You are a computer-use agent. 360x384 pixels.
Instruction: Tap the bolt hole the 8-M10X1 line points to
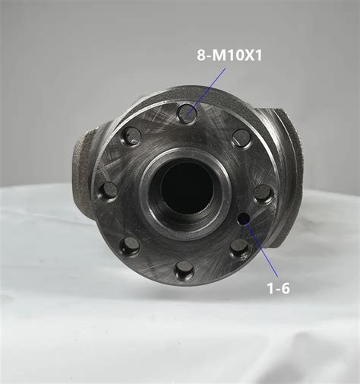(187, 114)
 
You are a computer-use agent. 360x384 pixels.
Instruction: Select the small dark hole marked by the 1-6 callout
(244, 219)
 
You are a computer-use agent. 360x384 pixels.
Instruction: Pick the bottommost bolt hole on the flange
(185, 268)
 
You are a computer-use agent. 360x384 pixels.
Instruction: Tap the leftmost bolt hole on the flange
(109, 190)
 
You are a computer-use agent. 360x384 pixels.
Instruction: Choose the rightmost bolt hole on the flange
(263, 193)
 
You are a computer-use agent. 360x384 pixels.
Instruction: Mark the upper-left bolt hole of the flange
(132, 137)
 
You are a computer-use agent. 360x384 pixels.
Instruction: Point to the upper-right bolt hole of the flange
(241, 138)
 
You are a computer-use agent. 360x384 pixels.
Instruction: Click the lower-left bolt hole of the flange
(131, 246)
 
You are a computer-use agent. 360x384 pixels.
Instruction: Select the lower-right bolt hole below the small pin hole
(239, 248)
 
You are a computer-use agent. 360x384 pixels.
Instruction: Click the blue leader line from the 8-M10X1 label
(207, 87)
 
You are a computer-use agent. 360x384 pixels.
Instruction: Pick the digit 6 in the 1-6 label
(285, 288)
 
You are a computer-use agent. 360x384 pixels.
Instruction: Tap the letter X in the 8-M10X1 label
(248, 56)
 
